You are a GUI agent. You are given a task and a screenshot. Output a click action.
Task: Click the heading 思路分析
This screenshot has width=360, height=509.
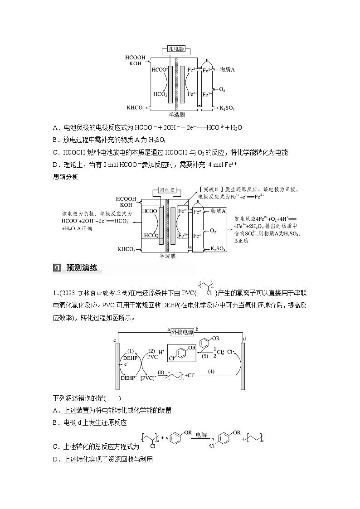65,177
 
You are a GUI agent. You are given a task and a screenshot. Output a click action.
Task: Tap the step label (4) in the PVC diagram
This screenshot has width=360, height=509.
211,372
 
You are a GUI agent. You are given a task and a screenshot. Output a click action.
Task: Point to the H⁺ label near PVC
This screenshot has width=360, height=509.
160,352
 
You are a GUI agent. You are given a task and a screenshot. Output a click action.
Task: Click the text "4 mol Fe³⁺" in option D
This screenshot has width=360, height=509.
224,165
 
